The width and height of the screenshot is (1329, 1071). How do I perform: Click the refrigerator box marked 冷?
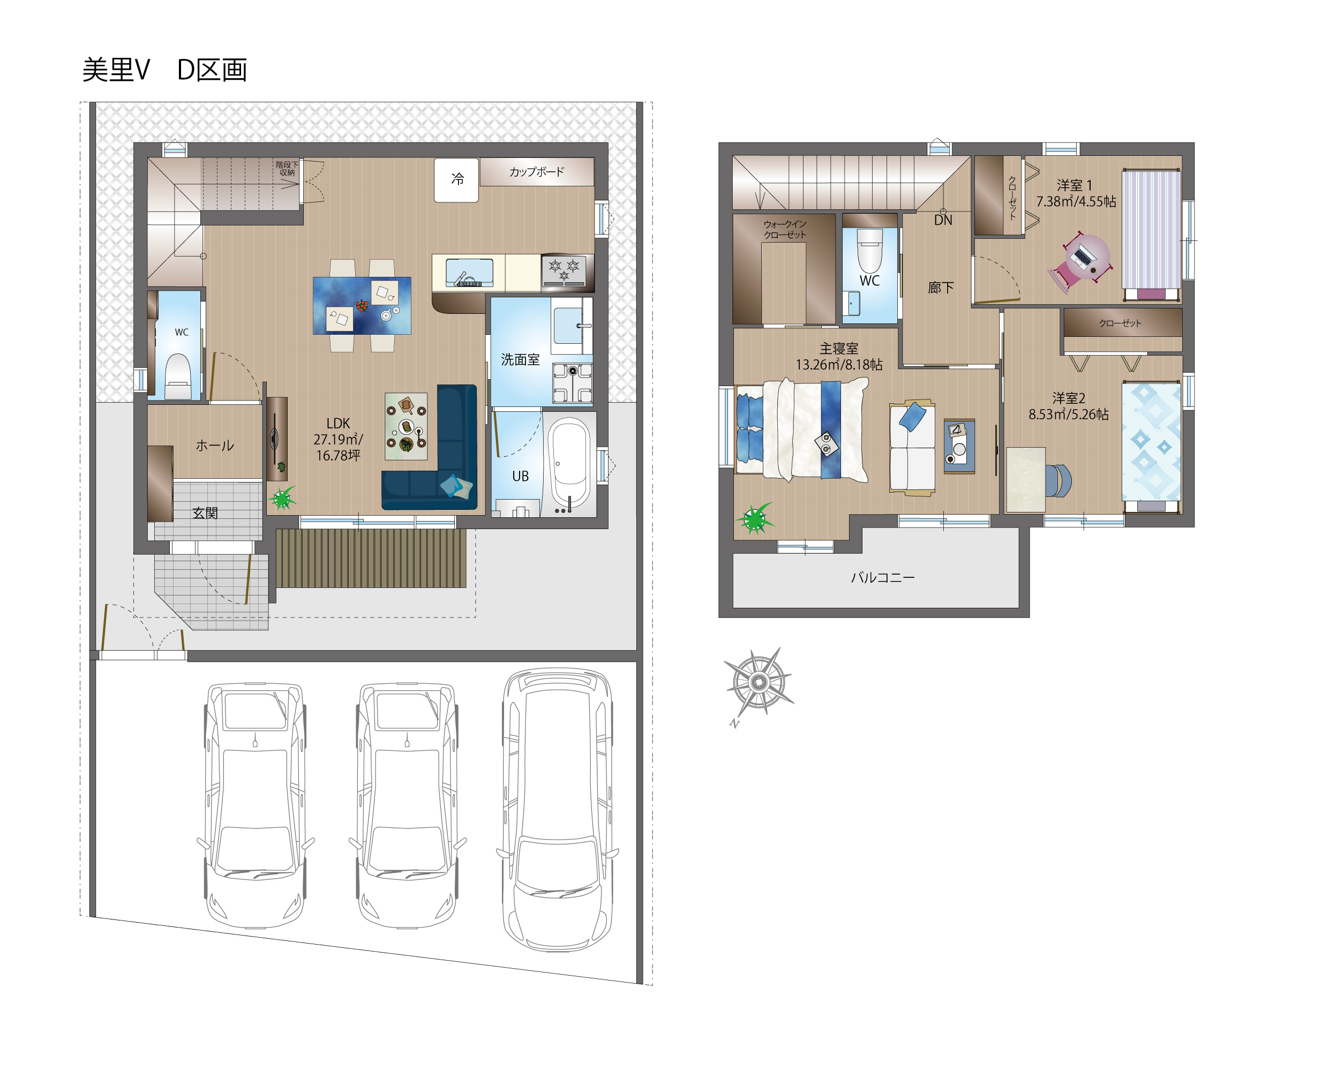[x=456, y=179]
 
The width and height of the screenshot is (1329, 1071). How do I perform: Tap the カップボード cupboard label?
[x=536, y=171]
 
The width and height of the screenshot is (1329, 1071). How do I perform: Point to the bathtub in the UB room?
[x=569, y=463]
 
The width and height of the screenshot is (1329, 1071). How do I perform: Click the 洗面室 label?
[x=520, y=360]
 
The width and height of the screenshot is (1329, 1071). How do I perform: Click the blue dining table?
[x=362, y=305]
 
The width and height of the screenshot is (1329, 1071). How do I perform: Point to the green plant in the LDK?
[x=282, y=498]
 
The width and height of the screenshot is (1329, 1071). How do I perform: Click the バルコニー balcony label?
[x=882, y=577]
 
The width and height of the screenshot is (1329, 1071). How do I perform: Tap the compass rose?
[x=759, y=682]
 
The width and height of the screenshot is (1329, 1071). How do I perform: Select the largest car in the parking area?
[x=557, y=810]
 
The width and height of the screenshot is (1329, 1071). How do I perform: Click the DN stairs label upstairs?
[x=943, y=220]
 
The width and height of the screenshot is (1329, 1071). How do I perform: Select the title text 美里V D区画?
[x=165, y=70]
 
